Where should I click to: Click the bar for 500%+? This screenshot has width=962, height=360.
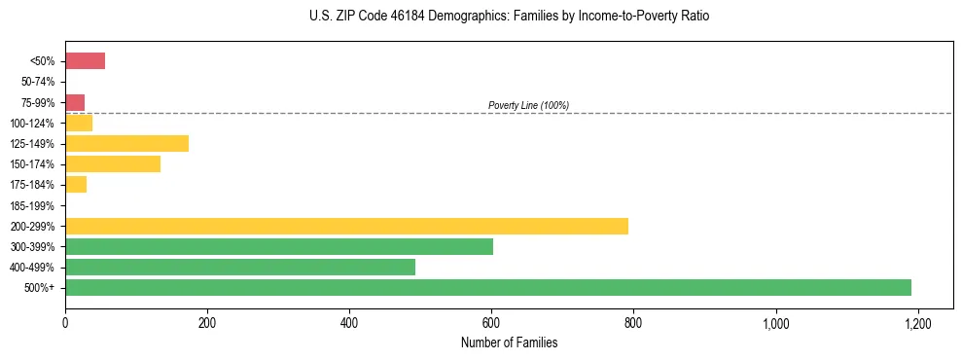pos(487,287)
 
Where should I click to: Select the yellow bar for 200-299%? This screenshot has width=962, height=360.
pos(346,226)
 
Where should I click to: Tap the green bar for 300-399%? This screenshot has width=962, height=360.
pos(278,246)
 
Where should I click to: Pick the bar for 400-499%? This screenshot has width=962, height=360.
pos(239,267)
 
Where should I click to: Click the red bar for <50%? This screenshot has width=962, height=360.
pos(85,61)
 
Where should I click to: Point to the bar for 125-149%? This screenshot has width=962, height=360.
pos(126,144)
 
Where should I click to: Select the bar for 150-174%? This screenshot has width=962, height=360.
pos(112,164)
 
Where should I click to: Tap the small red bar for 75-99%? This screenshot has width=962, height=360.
pos(75,102)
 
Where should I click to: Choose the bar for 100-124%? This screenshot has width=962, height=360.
pos(79,124)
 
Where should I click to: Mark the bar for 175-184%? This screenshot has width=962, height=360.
pos(76,185)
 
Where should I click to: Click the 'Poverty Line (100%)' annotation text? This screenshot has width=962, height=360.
pos(528,105)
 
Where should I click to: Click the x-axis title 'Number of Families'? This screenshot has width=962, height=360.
pos(509,342)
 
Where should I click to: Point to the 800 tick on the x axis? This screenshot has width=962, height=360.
pos(633,322)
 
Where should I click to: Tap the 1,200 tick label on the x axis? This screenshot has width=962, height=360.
pos(917,322)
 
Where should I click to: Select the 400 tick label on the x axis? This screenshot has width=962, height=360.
pos(349,322)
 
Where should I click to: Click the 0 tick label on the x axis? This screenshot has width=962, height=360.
pos(65,322)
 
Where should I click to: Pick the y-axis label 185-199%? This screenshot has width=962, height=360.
pos(32,205)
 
